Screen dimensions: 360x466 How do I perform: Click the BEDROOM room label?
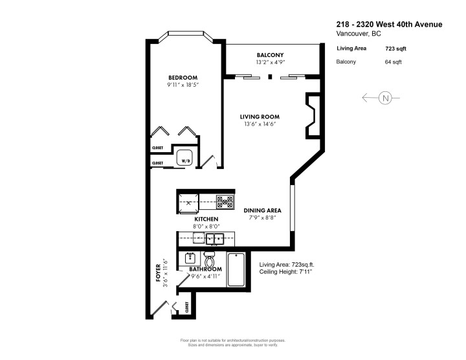(182, 77)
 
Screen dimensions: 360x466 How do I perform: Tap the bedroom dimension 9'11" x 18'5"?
(182, 85)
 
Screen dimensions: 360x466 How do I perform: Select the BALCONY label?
(270, 55)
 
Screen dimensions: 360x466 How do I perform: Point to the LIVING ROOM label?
(261, 117)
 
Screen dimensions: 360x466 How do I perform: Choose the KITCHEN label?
(206, 219)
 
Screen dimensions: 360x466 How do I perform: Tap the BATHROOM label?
(206, 269)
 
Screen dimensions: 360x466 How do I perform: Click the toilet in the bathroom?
(210, 258)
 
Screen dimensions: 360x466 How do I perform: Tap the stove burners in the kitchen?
(225, 201)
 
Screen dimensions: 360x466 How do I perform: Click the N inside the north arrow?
(386, 98)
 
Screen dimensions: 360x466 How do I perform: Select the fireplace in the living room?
(311, 116)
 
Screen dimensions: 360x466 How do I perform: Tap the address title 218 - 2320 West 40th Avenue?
(390, 24)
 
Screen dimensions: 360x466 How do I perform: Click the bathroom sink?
(191, 257)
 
